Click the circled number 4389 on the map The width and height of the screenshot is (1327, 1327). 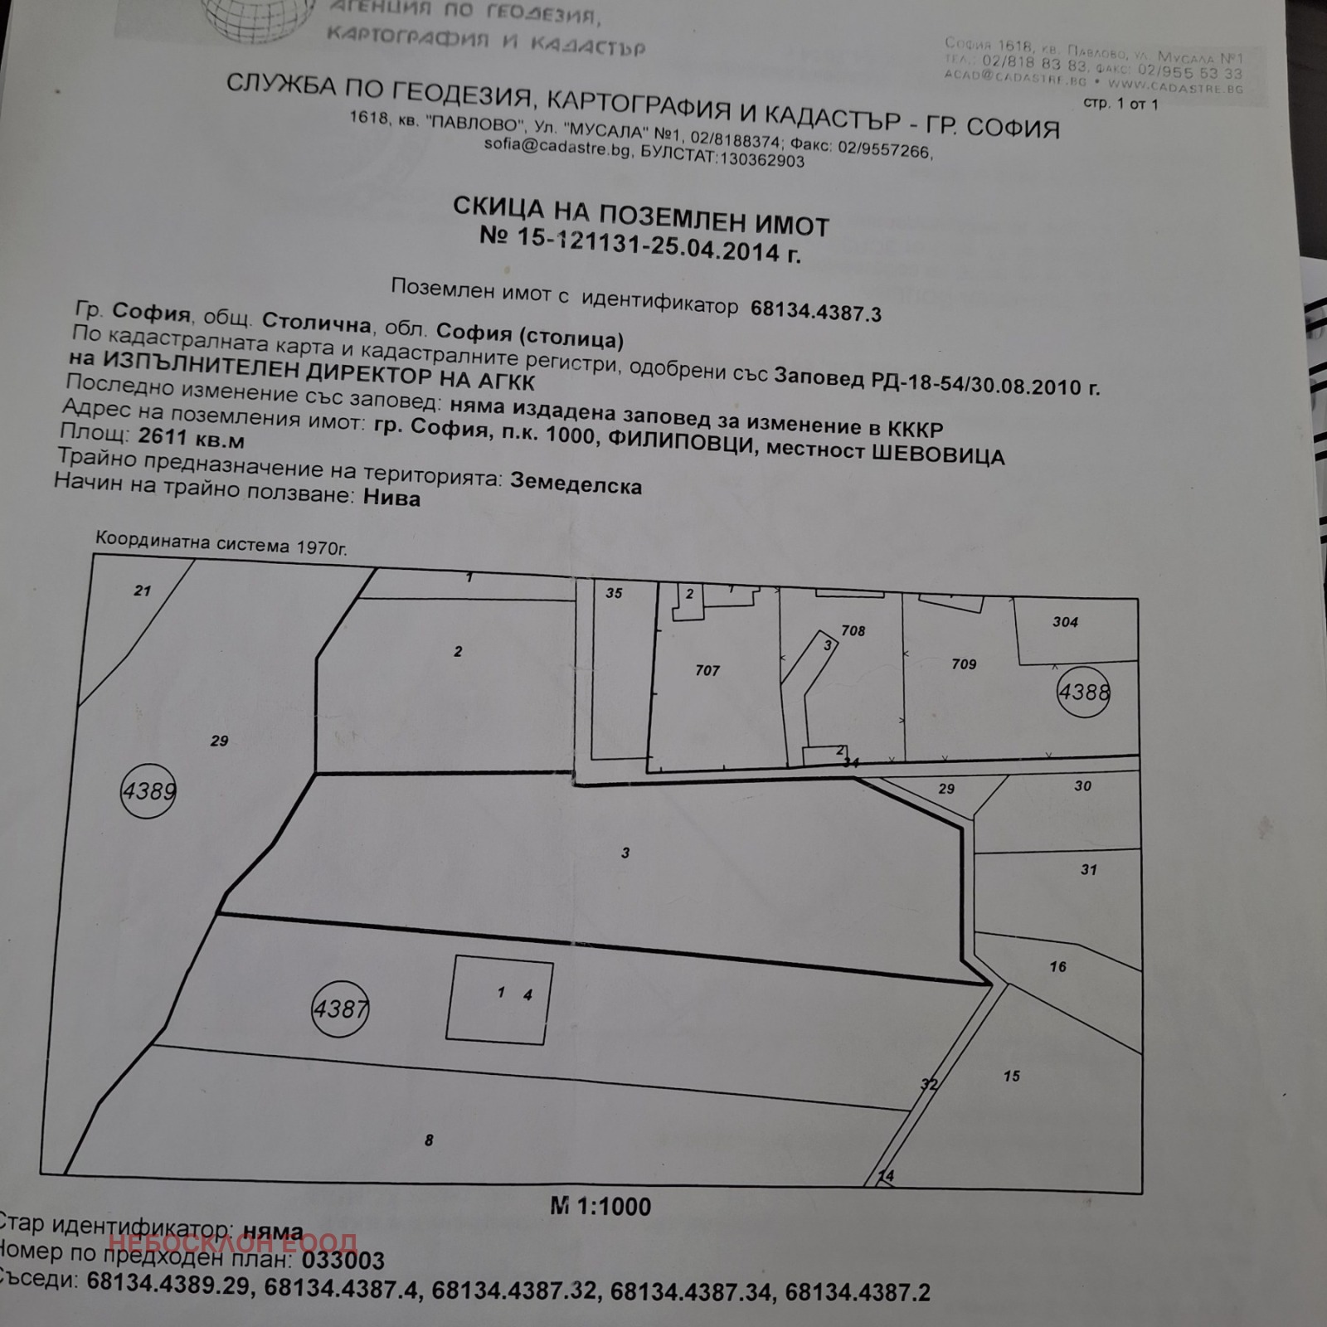click(x=148, y=791)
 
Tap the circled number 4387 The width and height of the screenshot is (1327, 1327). click(x=340, y=1009)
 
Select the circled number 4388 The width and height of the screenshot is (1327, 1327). click(x=1083, y=692)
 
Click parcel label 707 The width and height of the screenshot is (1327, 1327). click(x=707, y=670)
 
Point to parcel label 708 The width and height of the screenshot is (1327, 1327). click(x=853, y=631)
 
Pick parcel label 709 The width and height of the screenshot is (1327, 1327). click(x=964, y=664)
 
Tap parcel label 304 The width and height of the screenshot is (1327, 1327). click(x=1065, y=622)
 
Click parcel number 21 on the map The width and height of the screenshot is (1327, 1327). click(x=143, y=591)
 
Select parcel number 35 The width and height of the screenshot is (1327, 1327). click(x=614, y=593)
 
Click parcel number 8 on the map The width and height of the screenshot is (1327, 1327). click(x=429, y=1140)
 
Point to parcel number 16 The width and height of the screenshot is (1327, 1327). click(x=1057, y=966)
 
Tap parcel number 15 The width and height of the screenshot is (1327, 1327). click(x=1011, y=1077)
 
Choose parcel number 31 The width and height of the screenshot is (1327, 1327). click(x=1088, y=870)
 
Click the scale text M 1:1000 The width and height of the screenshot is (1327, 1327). click(x=600, y=1207)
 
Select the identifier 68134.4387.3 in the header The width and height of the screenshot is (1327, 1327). click(x=815, y=312)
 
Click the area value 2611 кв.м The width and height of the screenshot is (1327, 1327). click(x=191, y=437)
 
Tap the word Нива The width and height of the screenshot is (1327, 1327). click(x=391, y=498)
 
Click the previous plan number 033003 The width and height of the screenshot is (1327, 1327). click(x=343, y=1261)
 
